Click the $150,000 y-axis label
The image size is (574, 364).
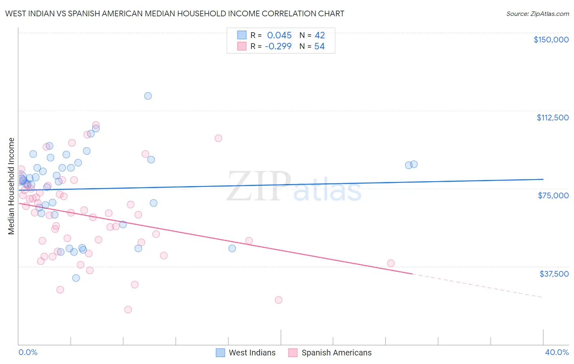[551, 40]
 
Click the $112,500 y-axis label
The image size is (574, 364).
[552, 118]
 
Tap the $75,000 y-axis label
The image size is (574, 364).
[553, 195]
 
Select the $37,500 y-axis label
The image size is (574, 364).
[554, 274]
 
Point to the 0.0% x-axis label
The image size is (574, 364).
[28, 352]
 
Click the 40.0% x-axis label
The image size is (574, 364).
[556, 352]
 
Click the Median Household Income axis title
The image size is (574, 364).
[11, 186]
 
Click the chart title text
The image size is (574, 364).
[174, 13]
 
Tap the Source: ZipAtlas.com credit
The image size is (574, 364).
[537, 13]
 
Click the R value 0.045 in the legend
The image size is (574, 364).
[279, 36]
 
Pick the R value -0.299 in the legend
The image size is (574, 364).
[278, 47]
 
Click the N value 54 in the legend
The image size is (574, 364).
[319, 47]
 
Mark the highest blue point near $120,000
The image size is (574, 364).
[148, 96]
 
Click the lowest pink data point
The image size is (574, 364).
[128, 310]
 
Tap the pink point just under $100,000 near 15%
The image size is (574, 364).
[218, 138]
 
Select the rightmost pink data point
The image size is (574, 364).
[391, 263]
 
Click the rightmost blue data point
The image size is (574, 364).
[414, 164]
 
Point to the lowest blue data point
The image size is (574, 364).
[76, 278]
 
